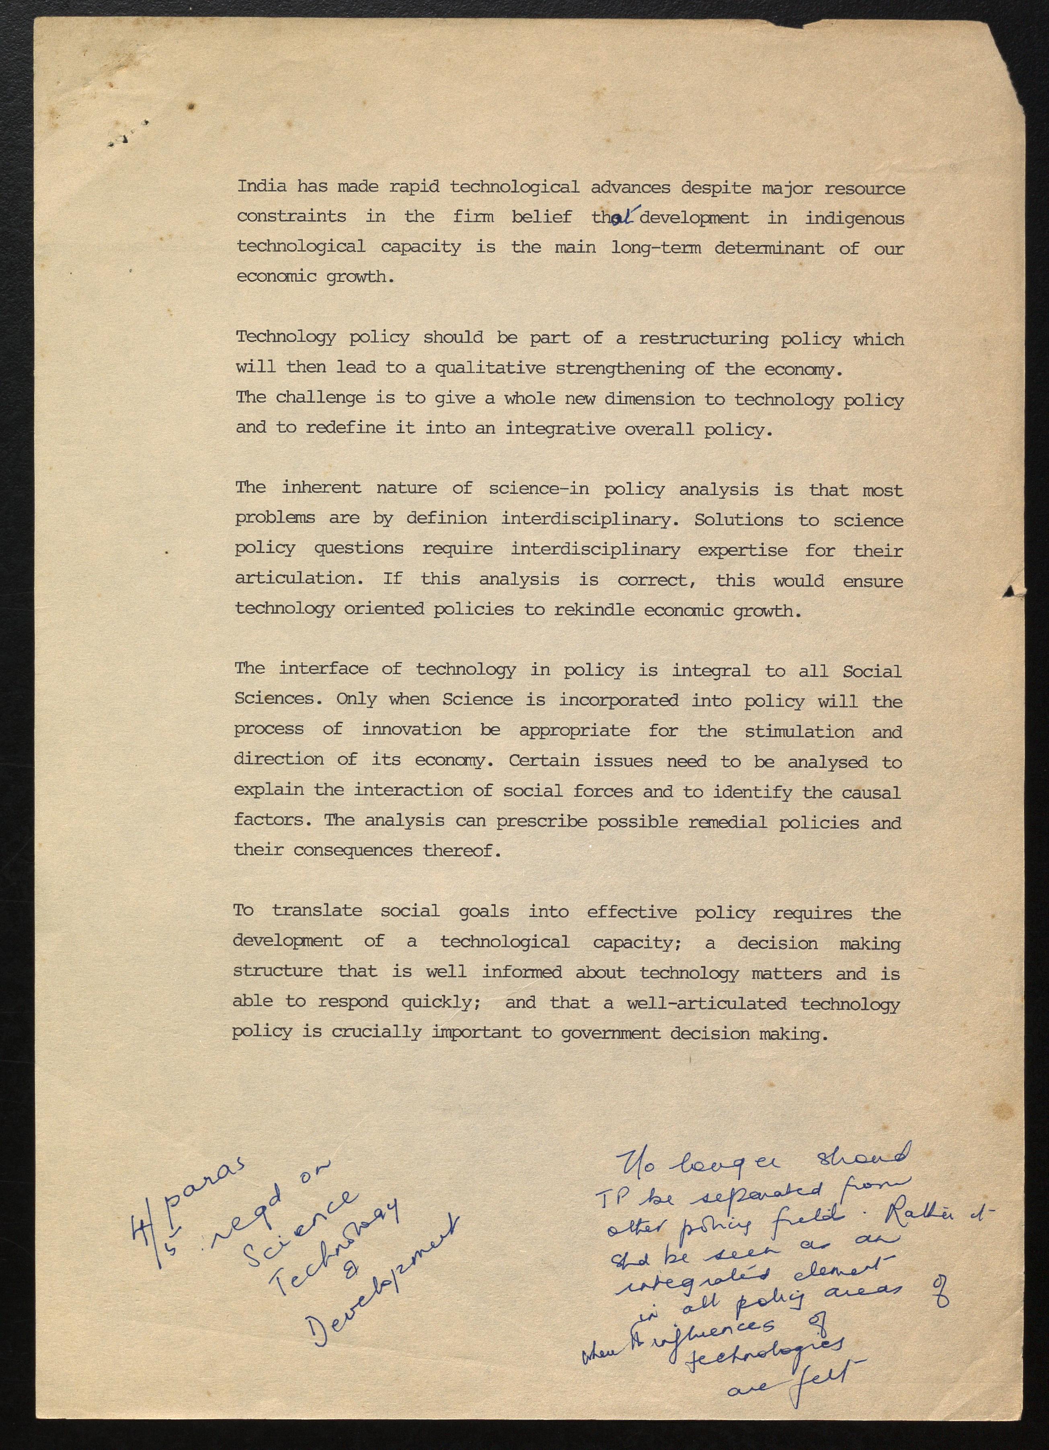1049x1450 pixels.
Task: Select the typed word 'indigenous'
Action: point(855,219)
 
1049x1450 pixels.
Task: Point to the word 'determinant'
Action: point(769,248)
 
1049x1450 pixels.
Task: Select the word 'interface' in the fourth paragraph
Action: point(323,669)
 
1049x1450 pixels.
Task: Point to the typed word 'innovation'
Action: point(412,730)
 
